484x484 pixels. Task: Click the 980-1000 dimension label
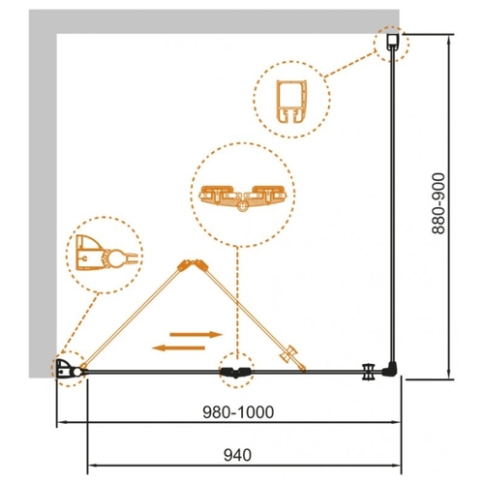pos(238,412)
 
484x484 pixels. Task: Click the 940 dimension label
pos(237,455)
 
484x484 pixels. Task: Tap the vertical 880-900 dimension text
pos(439,203)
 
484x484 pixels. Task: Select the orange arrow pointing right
pos(197,334)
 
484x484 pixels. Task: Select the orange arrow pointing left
pos(178,348)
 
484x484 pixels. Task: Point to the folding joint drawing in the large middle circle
pos(243,197)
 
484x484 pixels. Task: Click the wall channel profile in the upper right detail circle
pos(291,102)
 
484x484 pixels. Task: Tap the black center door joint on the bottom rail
pos(236,372)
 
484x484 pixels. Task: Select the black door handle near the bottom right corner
pos(368,372)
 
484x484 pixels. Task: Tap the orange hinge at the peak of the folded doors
pos(194,265)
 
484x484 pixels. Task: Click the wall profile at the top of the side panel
pos(393,43)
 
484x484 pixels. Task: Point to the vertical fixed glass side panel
pos(392,205)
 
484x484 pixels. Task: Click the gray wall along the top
pos(214,21)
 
